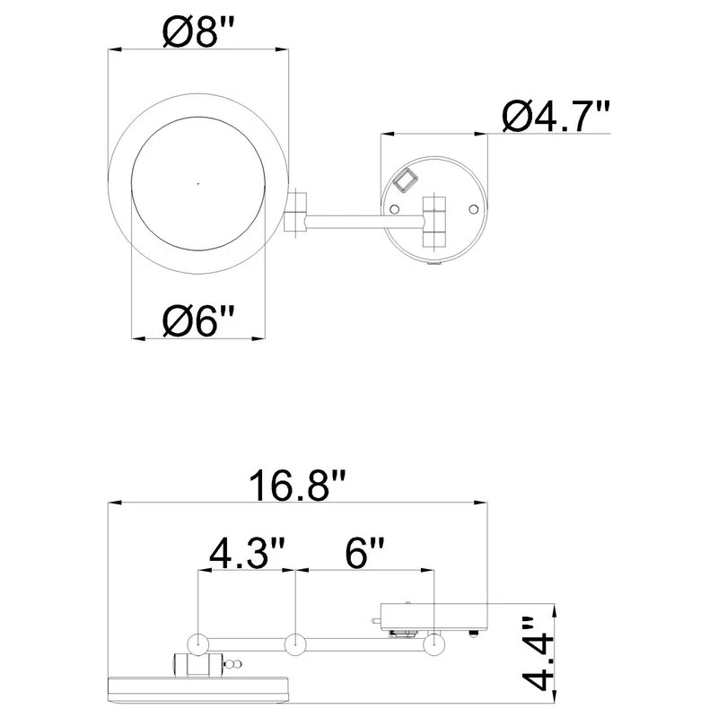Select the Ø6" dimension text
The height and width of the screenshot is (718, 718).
[x=198, y=320]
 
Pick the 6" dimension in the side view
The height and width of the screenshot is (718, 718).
[x=363, y=552]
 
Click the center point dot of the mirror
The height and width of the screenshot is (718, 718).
[x=198, y=182]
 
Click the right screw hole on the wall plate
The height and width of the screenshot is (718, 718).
[x=474, y=208]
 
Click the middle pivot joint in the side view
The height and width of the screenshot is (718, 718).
[x=295, y=644]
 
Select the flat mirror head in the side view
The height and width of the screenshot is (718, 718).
[x=197, y=688]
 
